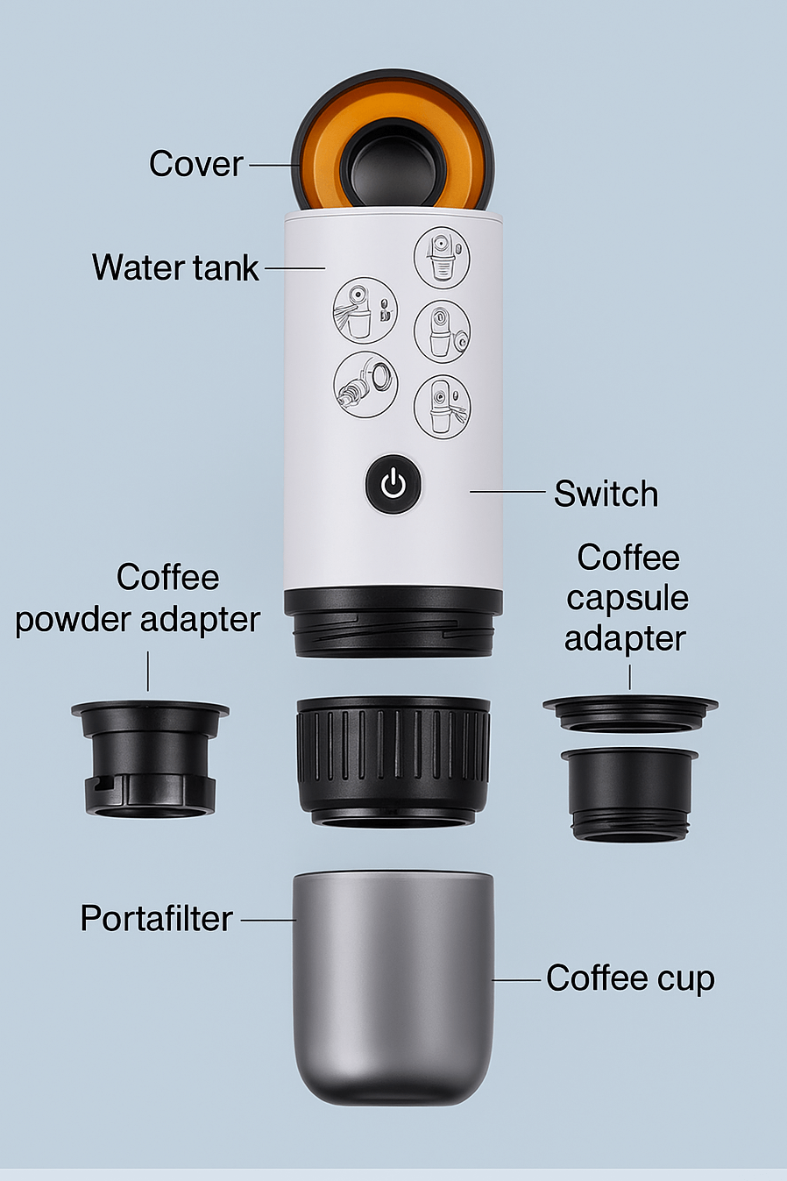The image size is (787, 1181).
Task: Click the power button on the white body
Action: pyautogui.click(x=393, y=483)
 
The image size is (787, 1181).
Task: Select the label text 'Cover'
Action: pyautogui.click(x=195, y=164)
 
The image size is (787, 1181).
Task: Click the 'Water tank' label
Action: pyautogui.click(x=175, y=267)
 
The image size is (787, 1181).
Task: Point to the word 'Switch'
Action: pyautogui.click(x=606, y=494)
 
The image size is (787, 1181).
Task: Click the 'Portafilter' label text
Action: pyautogui.click(x=156, y=919)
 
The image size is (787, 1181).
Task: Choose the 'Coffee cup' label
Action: pyautogui.click(x=630, y=978)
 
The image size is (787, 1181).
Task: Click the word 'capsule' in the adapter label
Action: pyautogui.click(x=627, y=599)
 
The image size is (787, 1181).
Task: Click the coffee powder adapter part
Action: pyautogui.click(x=150, y=758)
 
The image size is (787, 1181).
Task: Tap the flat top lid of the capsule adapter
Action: pyautogui.click(x=629, y=711)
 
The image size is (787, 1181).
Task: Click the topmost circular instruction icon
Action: pyautogui.click(x=442, y=257)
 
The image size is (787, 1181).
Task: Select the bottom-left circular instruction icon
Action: pyautogui.click(x=365, y=384)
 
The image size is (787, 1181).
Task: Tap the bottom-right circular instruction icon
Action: pyautogui.click(x=442, y=406)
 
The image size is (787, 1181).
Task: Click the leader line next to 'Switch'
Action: pyautogui.click(x=507, y=492)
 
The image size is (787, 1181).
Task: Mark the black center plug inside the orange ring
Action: pyautogui.click(x=392, y=163)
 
